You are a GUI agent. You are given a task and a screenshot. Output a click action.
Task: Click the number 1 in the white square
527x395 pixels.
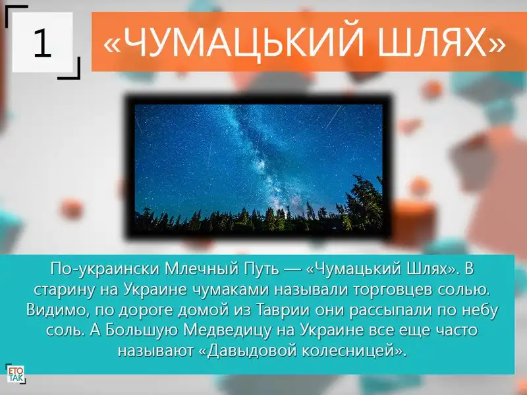[x=43, y=43]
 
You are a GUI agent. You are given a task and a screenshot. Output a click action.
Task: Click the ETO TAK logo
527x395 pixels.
[x=15, y=374]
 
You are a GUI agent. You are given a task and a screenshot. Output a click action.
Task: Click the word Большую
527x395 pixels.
[x=142, y=330]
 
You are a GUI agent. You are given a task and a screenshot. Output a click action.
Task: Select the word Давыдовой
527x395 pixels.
[x=252, y=351]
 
